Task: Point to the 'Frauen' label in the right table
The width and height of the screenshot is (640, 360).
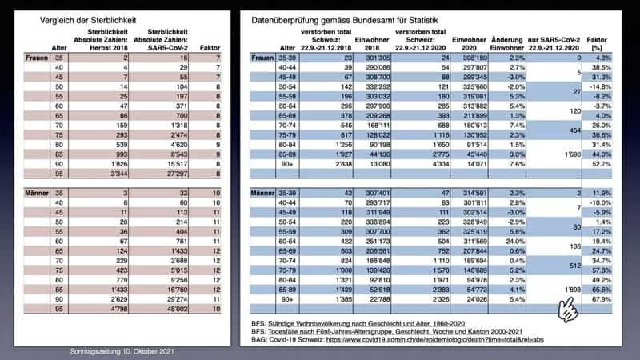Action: click(262, 59)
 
